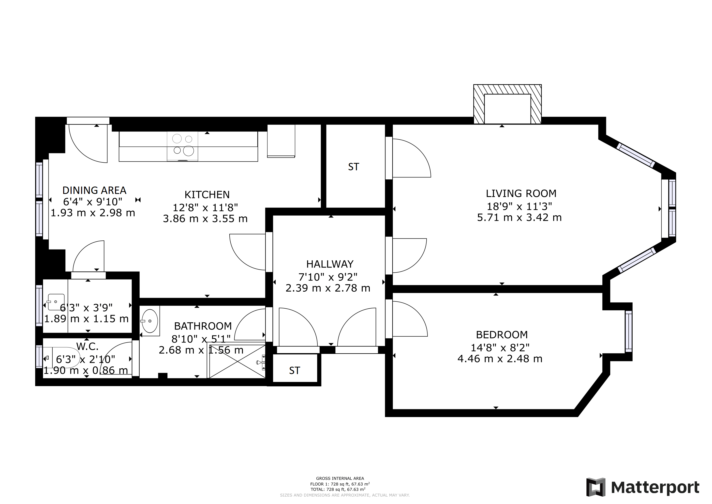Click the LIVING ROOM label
[521, 193]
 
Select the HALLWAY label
[330, 264]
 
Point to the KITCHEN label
[207, 195]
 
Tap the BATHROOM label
[203, 326]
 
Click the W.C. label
[87, 346]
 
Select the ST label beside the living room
[354, 167]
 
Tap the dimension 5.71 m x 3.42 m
[519, 218]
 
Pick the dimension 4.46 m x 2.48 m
[500, 359]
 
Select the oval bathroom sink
[150, 321]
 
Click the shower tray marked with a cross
[237, 362]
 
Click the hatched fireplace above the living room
[507, 105]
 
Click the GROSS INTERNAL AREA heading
[340, 479]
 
